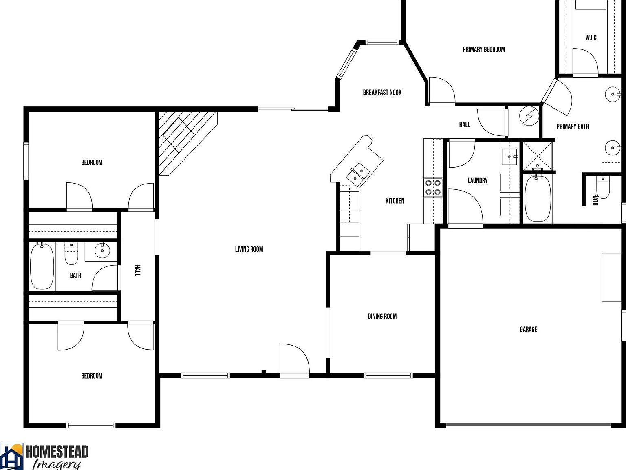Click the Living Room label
pyautogui.click(x=249, y=249)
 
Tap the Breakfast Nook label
pyautogui.click(x=382, y=93)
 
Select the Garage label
pyautogui.click(x=528, y=329)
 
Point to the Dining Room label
pyautogui.click(x=382, y=316)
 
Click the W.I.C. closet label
pyautogui.click(x=591, y=38)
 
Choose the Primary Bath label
pyautogui.click(x=572, y=126)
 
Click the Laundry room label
pyautogui.click(x=477, y=180)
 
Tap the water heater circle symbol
pyautogui.click(x=529, y=116)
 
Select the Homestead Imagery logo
pyautogui.click(x=44, y=456)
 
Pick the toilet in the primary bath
pyautogui.click(x=602, y=187)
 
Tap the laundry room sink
pyautogui.click(x=509, y=156)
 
